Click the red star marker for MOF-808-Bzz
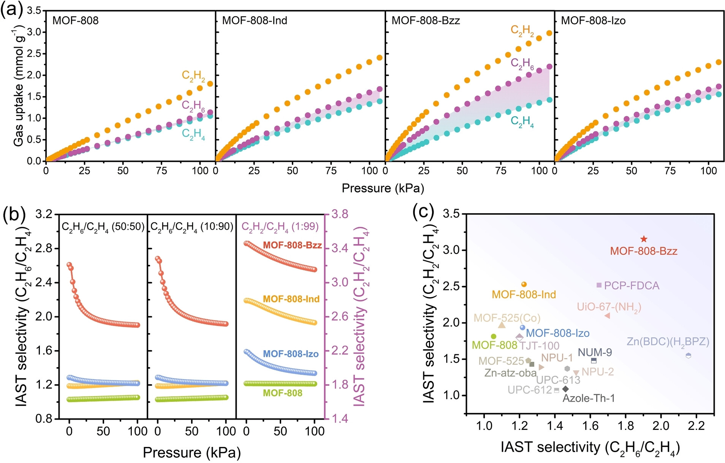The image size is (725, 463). (x=644, y=239)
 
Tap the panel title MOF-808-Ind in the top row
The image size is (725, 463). (x=255, y=21)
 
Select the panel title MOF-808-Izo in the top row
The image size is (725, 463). (x=593, y=21)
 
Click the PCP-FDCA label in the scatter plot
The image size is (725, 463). (x=632, y=286)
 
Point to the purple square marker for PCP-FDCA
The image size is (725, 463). (x=599, y=285)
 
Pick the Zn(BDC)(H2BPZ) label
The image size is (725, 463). (x=668, y=342)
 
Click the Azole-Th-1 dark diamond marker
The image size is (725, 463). (x=565, y=389)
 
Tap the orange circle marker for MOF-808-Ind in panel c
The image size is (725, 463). (x=524, y=284)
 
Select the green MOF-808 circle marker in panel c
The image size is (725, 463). (x=494, y=336)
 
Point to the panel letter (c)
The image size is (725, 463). (x=423, y=212)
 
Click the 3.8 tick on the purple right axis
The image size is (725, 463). (x=340, y=214)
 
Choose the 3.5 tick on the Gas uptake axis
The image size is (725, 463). (x=34, y=11)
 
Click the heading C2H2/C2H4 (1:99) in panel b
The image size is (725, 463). (x=280, y=227)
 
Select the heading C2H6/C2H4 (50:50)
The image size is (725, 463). (x=103, y=227)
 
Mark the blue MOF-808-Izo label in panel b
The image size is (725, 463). (x=291, y=354)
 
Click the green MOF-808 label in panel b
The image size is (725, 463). (x=283, y=393)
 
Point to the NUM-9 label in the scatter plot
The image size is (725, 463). (x=595, y=352)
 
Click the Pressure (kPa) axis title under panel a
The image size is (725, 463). (x=383, y=188)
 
